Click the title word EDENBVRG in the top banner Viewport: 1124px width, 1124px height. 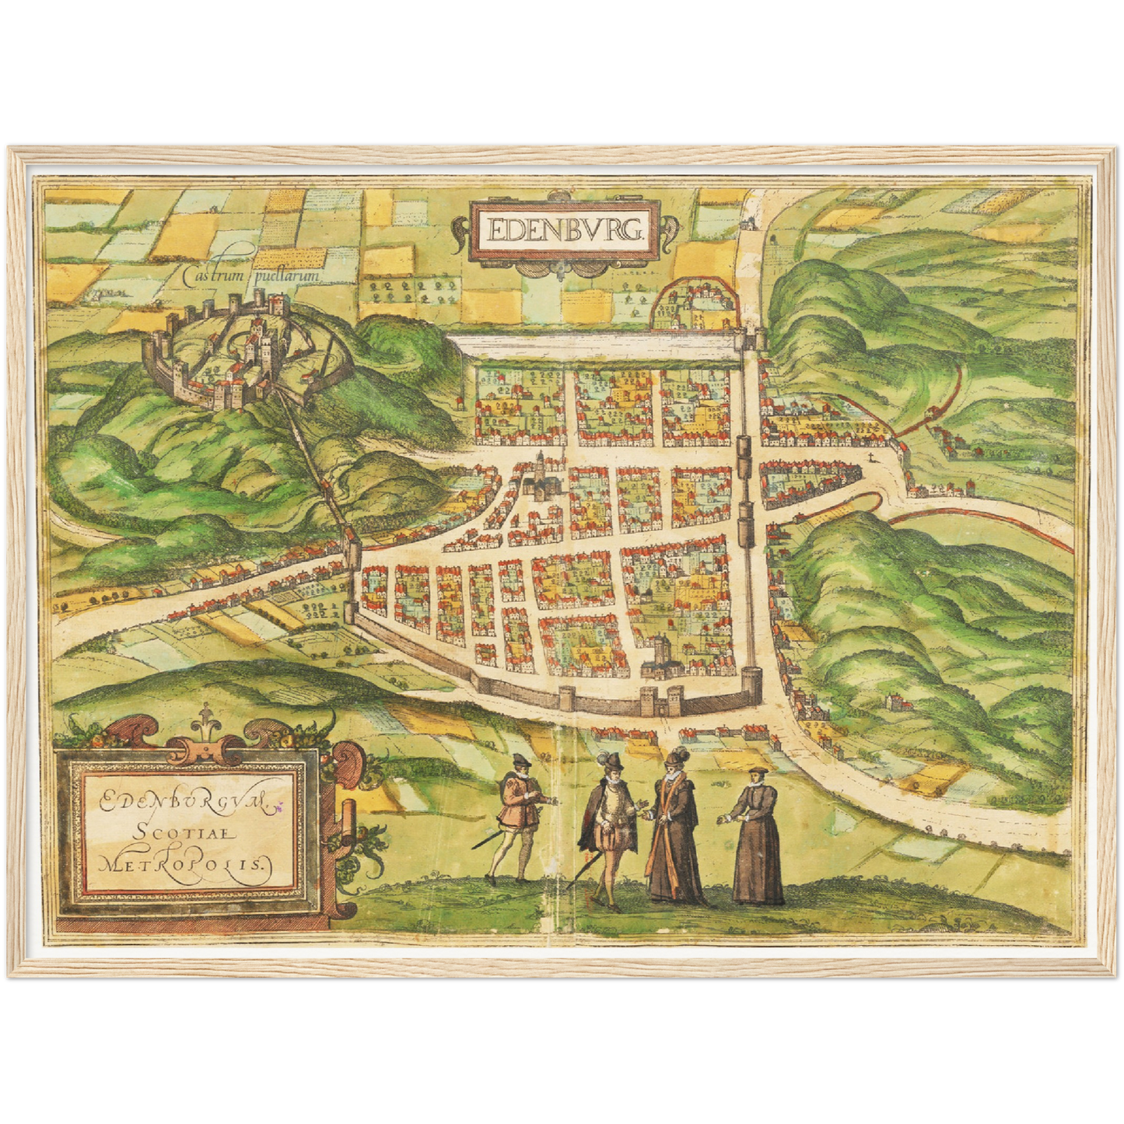tap(565, 229)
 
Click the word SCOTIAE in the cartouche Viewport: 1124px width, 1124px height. tap(184, 831)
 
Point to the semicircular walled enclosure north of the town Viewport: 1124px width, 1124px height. tap(694, 303)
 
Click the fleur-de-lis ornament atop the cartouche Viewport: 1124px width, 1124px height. tap(206, 716)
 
